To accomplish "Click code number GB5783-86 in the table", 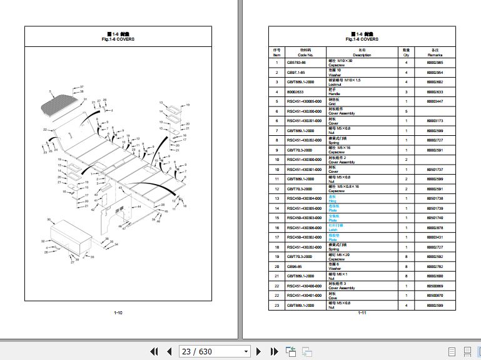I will coord(296,63).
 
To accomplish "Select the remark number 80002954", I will coord(435,73).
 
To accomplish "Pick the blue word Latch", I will coord(333,230).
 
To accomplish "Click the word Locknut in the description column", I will coord(335,83).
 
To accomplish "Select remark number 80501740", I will coord(435,218).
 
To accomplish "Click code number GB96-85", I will coord(294,267).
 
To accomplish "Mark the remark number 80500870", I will coord(435,296).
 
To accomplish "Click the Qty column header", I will coord(405,53).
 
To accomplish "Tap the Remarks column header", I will coord(435,53).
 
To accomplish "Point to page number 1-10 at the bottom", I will coord(118,312).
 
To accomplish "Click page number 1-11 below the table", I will coord(363,312).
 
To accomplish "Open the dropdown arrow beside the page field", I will coord(246,351).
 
